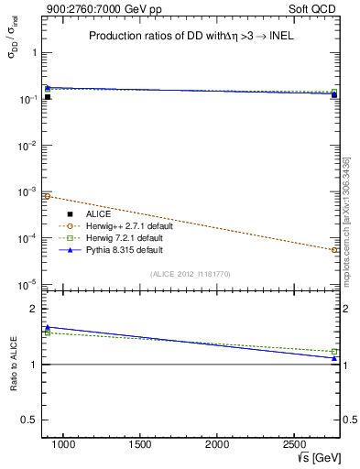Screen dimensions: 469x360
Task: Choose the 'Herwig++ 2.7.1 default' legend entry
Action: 121,225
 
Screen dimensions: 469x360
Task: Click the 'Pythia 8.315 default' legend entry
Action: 119,249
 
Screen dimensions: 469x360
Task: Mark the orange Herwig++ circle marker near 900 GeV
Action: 48,196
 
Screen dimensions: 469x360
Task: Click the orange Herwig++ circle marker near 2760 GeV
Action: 334,249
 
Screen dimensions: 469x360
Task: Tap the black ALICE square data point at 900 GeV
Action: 48,97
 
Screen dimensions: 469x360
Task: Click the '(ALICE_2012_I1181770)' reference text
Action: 191,273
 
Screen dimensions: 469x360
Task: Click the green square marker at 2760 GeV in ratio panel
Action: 334,352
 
